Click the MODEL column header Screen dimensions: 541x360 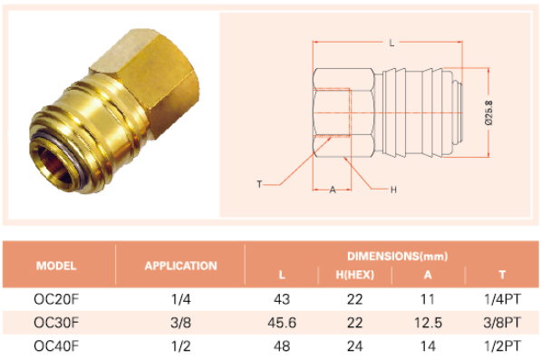pyautogui.click(x=56, y=266)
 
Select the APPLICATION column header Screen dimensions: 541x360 pyautogui.click(x=181, y=266)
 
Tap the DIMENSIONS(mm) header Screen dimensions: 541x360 pyautogui.click(x=398, y=256)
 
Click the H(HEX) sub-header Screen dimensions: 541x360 pyautogui.click(x=355, y=275)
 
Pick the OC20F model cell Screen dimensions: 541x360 pyautogui.click(x=56, y=299)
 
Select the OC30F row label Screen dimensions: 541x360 pyautogui.click(x=56, y=323)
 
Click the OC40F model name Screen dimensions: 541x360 pyautogui.click(x=56, y=345)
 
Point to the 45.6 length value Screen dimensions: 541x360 pyautogui.click(x=282, y=323)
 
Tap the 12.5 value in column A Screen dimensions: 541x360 pyautogui.click(x=428, y=323)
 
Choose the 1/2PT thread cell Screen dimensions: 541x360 pyautogui.click(x=502, y=345)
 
